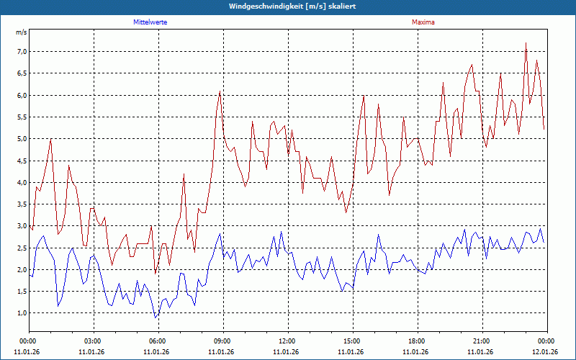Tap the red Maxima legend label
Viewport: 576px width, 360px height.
(x=423, y=22)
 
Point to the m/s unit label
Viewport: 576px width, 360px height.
(x=21, y=32)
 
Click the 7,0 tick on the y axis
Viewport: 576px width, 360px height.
(x=21, y=52)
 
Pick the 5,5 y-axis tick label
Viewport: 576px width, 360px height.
(x=21, y=117)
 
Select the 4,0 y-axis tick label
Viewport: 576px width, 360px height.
(x=21, y=183)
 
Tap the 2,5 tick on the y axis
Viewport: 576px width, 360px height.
(x=21, y=248)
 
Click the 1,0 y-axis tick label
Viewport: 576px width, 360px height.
(x=21, y=313)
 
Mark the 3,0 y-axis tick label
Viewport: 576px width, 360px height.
(x=21, y=226)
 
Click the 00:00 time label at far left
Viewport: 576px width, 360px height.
(x=27, y=341)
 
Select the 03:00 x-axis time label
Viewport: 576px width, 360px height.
(x=92, y=341)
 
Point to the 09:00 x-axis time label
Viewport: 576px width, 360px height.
(x=222, y=341)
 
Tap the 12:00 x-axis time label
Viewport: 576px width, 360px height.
(x=287, y=341)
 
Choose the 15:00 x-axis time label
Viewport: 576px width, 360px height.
(x=351, y=341)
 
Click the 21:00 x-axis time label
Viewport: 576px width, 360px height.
(x=481, y=341)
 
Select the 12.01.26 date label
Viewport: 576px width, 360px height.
(x=546, y=351)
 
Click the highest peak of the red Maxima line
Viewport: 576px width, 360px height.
(x=526, y=43)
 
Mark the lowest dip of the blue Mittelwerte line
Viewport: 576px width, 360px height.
(x=155, y=318)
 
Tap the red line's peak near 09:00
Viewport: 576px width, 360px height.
(x=220, y=91)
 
